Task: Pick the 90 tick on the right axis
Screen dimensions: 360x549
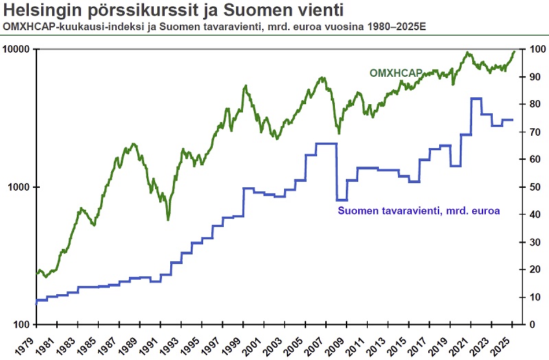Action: pos(531,77)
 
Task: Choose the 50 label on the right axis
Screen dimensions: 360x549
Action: pos(531,187)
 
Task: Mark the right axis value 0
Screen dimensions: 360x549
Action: pos(528,324)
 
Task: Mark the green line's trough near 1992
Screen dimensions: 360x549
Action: pos(168,219)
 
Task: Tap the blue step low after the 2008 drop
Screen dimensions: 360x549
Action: pos(342,200)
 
